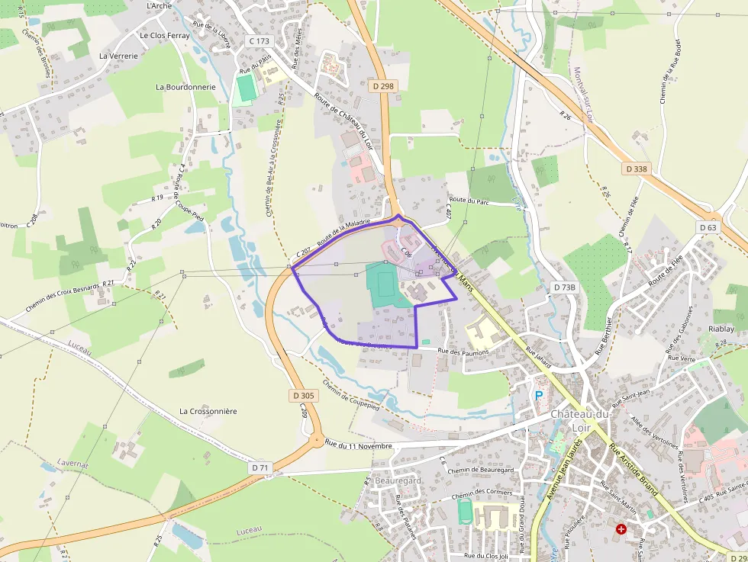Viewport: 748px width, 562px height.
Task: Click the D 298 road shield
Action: [384, 86]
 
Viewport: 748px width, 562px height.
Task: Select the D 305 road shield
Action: [303, 396]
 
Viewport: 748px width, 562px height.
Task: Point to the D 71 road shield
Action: [260, 467]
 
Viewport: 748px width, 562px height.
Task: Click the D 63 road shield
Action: [708, 227]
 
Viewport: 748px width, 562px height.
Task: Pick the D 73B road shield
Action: [564, 287]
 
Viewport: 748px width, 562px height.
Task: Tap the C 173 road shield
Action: [260, 40]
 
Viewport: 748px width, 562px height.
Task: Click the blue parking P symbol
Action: [539, 396]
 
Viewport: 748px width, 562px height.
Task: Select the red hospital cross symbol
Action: [621, 528]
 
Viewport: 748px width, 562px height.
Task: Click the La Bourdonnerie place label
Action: [185, 87]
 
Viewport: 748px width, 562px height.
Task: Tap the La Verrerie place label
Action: [118, 56]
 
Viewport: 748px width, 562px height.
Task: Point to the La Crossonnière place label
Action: [208, 411]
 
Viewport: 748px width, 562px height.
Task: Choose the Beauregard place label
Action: [398, 480]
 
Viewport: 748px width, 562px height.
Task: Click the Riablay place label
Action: [721, 329]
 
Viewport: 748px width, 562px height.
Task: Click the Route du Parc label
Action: [469, 200]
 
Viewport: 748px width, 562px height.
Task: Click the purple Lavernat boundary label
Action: [73, 463]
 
